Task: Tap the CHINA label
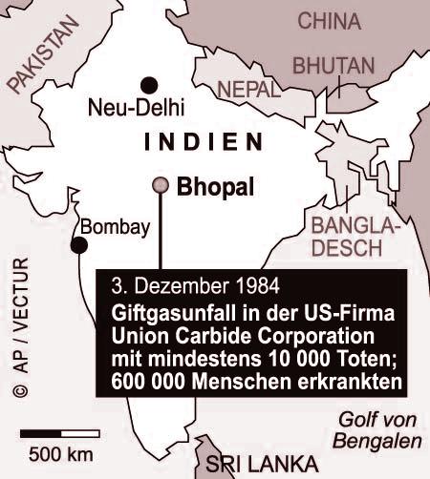coord(329,21)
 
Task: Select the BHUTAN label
coord(333,67)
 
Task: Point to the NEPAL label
coord(248,90)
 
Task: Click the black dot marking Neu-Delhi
coord(148,84)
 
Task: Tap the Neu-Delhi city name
coord(136,107)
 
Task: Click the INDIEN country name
coord(202,143)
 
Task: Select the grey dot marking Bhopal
coord(161,185)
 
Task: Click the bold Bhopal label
coord(216,188)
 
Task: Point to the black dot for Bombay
coord(79,245)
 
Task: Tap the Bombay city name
coord(116,227)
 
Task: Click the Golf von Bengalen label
coord(379,430)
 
